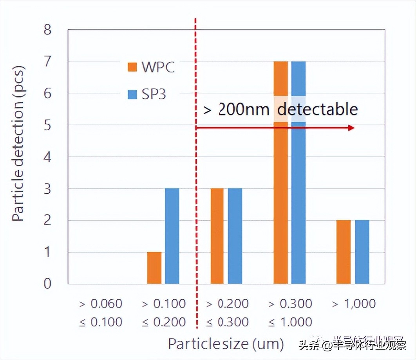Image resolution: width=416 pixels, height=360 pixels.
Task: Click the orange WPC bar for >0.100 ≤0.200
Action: [x=154, y=268]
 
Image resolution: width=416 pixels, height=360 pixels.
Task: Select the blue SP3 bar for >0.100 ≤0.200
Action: [x=172, y=236]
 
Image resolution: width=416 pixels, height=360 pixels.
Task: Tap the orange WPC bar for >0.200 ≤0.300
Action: [x=217, y=236]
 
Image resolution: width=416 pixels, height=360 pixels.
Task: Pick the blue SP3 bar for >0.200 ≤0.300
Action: [x=235, y=236]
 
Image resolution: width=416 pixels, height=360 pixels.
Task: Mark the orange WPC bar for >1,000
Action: [x=344, y=252]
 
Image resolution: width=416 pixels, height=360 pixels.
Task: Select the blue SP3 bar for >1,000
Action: [x=362, y=252]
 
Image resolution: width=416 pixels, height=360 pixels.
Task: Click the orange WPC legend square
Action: [x=132, y=67]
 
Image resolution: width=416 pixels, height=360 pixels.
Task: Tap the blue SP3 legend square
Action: [x=132, y=94]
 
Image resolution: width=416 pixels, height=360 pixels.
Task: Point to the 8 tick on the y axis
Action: [x=47, y=30]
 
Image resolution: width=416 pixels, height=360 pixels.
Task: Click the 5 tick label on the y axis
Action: [x=47, y=125]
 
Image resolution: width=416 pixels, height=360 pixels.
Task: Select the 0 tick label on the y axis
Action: [x=47, y=283]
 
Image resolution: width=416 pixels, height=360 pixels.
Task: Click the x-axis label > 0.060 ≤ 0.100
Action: [x=101, y=313]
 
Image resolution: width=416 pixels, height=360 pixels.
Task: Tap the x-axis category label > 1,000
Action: [x=354, y=304]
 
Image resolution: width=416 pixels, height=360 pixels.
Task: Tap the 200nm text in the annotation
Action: [x=243, y=110]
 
